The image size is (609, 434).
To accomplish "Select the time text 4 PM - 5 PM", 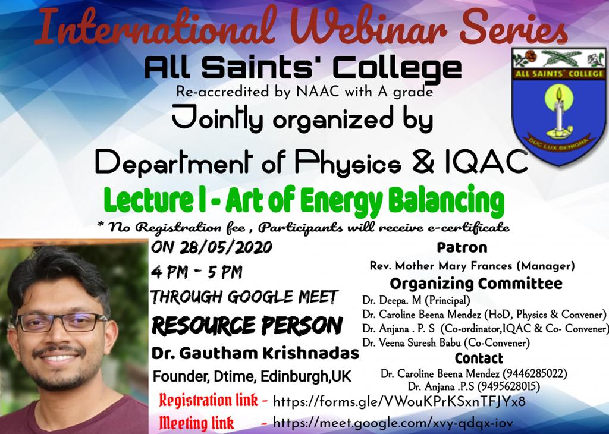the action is pos(196,272).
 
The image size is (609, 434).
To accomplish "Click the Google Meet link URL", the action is pos(393,422).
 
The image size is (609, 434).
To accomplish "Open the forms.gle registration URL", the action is pos(399,401).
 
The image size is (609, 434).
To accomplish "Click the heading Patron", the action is pos(462,247).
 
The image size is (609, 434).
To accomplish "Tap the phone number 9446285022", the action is pos(535,374).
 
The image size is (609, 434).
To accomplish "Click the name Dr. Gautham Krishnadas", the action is pos(255,354).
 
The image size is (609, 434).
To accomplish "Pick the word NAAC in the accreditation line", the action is pos(318,92).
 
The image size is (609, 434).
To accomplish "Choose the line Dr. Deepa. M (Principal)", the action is pos(416,300).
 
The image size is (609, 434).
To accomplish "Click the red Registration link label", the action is pos(209,401).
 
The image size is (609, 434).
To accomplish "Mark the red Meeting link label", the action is pos(196,422).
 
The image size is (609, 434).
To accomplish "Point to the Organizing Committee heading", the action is pos(476,284).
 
